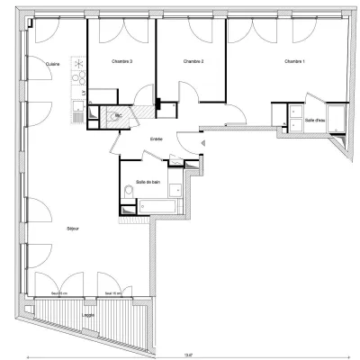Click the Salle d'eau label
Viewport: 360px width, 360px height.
[x=315, y=120]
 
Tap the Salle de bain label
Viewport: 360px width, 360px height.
[x=148, y=181]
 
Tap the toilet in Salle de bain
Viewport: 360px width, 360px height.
[x=176, y=188]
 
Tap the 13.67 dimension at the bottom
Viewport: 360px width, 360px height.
[x=186, y=354]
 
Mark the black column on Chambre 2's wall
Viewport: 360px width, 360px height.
[x=158, y=103]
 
